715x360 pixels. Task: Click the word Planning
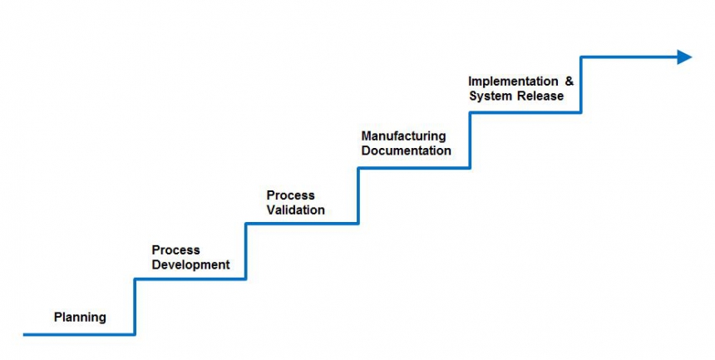click(80, 317)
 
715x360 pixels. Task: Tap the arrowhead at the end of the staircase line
click(684, 57)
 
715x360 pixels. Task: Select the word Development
click(190, 265)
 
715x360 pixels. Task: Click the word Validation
click(295, 210)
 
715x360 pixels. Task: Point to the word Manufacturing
click(403, 136)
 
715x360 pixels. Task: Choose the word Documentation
click(407, 150)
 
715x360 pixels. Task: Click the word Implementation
click(513, 81)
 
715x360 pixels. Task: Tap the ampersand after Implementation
click(570, 81)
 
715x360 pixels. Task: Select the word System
click(488, 96)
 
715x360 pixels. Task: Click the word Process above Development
click(175, 250)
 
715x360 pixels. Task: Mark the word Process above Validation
click(290, 195)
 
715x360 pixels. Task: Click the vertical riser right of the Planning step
click(135, 306)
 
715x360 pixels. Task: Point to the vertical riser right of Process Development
click(246, 250)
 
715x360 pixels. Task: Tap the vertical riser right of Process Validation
click(358, 195)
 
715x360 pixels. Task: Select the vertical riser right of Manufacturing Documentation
click(470, 141)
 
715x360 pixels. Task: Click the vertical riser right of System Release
click(580, 85)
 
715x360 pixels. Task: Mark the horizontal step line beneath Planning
click(79, 334)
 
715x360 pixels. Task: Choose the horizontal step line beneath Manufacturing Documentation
click(414, 168)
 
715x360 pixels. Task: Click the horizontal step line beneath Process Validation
click(302, 223)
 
